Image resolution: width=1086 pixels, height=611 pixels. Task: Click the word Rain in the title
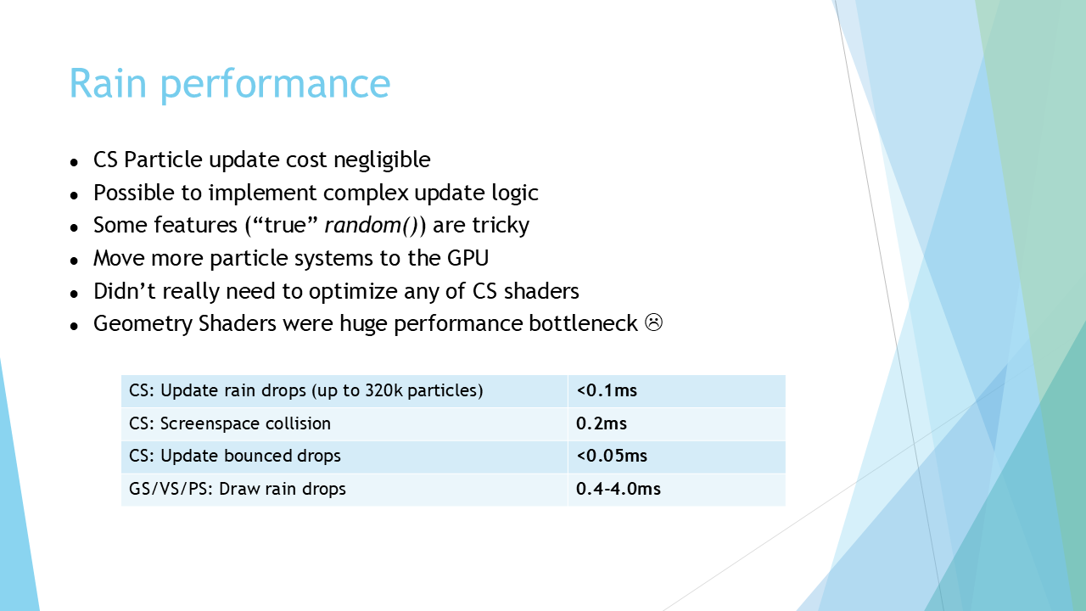coord(108,83)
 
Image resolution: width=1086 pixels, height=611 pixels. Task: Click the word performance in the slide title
coord(275,86)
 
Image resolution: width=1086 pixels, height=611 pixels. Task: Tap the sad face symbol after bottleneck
coord(653,323)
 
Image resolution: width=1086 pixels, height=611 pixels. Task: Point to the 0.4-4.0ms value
coord(619,489)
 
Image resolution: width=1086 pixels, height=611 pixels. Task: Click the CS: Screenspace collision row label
coord(230,423)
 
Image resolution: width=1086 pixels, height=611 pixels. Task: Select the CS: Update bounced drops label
coord(235,456)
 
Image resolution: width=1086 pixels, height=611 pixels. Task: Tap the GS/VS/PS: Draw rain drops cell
coord(237,489)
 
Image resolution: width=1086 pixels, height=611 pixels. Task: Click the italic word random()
coord(372,226)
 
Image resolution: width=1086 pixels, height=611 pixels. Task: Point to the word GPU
coord(467,258)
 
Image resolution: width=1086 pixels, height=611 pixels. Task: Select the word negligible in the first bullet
coord(382,160)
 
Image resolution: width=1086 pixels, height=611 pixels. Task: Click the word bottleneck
coord(583,323)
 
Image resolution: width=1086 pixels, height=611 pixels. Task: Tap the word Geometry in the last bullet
coord(143,324)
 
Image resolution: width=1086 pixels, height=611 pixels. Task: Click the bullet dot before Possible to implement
coord(74,195)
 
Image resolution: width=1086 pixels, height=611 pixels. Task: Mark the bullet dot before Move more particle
coord(74,261)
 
